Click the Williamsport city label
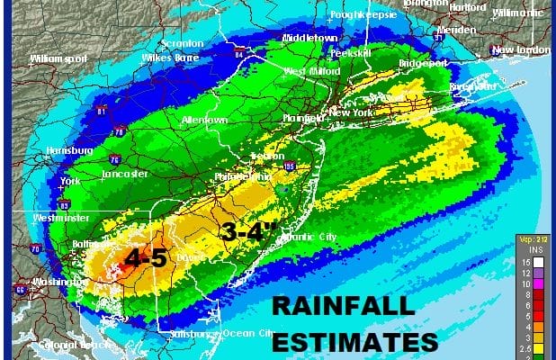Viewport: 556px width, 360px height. (x=55, y=58)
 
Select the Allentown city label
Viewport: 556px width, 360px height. (x=203, y=120)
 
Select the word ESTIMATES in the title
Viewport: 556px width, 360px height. (x=356, y=343)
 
